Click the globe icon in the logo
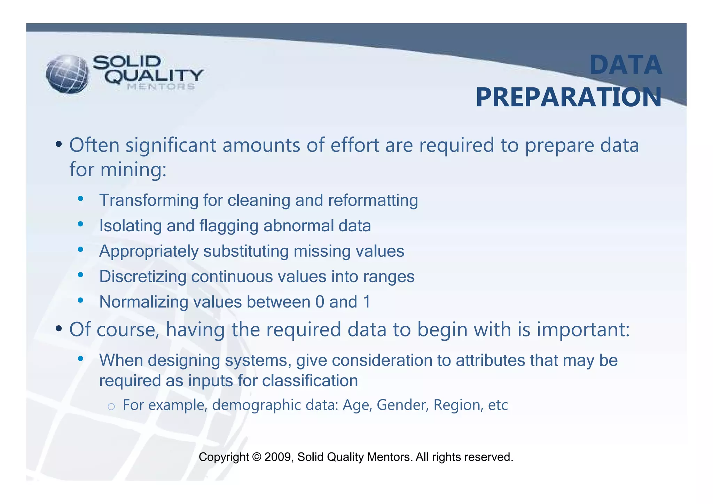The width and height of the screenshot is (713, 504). [x=67, y=74]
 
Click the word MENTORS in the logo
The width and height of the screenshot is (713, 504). [x=160, y=87]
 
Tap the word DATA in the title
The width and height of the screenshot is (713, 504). [x=625, y=65]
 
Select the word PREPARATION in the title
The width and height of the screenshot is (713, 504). [x=569, y=98]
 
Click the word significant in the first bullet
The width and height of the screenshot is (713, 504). [x=171, y=145]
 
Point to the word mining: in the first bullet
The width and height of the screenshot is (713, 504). [x=133, y=170]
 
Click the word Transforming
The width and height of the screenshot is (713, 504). [x=149, y=201]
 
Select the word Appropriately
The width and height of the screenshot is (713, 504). [x=149, y=251]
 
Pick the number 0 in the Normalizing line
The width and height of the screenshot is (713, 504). [x=320, y=302]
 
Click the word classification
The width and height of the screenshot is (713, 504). [x=310, y=381]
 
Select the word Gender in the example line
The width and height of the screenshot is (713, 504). [x=402, y=405]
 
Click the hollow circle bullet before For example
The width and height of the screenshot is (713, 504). [x=111, y=406]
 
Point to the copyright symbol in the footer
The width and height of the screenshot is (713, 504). [x=257, y=457]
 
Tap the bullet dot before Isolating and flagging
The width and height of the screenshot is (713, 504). [x=80, y=224]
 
